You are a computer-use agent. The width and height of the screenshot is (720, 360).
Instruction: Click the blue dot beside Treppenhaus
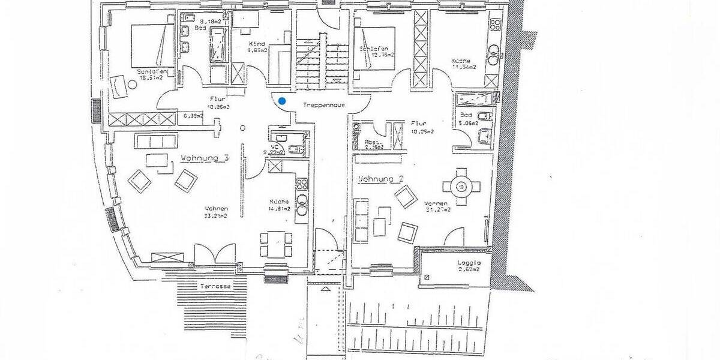(x=281, y=101)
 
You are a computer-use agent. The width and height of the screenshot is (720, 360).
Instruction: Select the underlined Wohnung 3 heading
(x=205, y=158)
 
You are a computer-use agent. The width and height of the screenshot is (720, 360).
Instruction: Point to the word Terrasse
(x=215, y=287)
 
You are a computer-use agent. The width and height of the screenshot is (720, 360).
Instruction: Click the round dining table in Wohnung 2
(x=461, y=187)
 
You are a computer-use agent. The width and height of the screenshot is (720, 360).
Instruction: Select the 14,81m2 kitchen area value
(x=279, y=209)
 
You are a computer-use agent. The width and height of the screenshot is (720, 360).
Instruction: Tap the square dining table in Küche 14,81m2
(x=275, y=242)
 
